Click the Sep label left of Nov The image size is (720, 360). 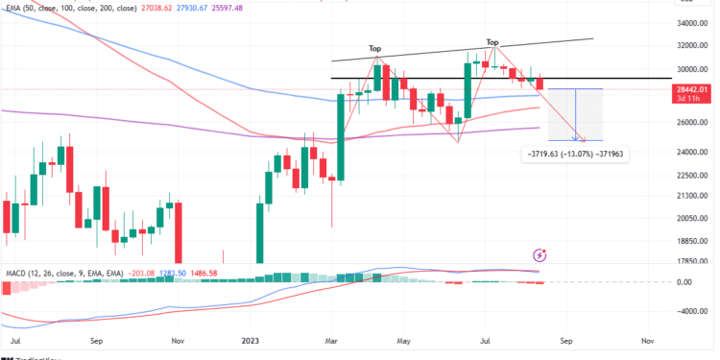coord(97,340)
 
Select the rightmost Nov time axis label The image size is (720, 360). coord(647,340)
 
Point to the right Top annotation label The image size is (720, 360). coord(492,42)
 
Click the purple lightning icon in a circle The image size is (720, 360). coord(539,255)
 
